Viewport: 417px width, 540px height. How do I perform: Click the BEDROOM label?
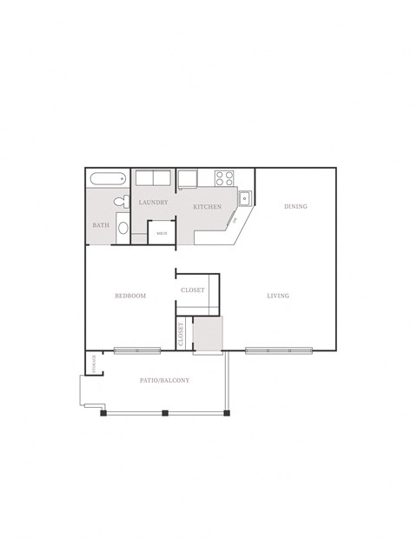130,297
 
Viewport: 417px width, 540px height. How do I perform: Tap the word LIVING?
278,297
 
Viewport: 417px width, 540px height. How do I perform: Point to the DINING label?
296,207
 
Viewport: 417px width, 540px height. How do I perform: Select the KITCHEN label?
207,207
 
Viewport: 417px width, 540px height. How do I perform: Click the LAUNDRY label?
153,203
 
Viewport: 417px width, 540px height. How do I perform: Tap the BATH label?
100,225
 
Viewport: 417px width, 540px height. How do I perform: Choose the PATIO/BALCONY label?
165,381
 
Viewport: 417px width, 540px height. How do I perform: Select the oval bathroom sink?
122,230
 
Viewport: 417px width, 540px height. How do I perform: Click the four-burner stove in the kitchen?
225,178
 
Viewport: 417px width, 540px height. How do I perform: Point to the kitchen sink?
246,197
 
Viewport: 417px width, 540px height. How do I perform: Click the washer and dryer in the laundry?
153,178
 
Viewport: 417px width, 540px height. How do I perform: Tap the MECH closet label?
161,233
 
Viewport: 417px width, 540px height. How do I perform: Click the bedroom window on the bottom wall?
137,350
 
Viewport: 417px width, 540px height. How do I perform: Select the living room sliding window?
278,350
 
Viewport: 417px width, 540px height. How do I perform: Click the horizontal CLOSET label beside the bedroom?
193,290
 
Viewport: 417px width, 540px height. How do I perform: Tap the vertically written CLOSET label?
181,335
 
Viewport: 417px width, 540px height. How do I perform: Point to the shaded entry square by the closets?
208,335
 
